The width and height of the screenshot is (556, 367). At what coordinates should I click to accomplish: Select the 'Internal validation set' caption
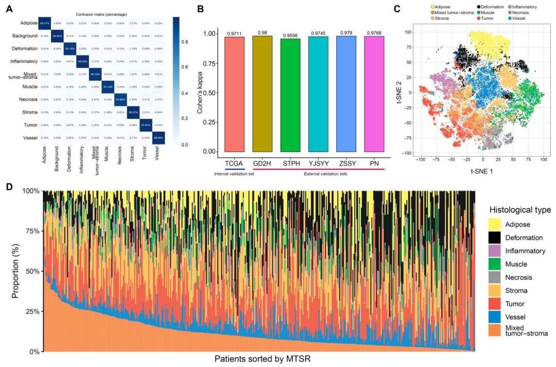[x=234, y=173]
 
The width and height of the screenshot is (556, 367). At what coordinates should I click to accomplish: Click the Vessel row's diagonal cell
[x=158, y=137]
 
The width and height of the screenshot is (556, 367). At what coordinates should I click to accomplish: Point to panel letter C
[x=396, y=8]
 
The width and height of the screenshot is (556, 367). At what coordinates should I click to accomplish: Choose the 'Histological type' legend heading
[x=519, y=210]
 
